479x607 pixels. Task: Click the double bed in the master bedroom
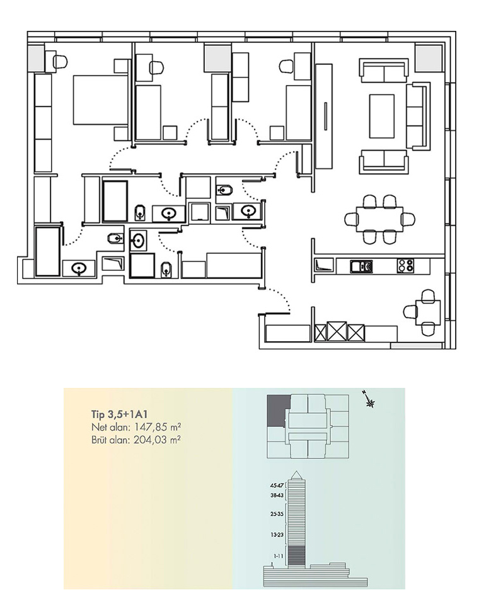pyautogui.click(x=101, y=100)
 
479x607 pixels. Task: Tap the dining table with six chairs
pyautogui.click(x=379, y=220)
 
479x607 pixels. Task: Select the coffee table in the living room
pyautogui.click(x=382, y=116)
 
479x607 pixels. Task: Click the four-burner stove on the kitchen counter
pyautogui.click(x=405, y=266)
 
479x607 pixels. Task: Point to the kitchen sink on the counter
pyautogui.click(x=361, y=266)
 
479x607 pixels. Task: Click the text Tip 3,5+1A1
pyautogui.click(x=119, y=414)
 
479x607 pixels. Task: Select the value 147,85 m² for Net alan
pyautogui.click(x=158, y=428)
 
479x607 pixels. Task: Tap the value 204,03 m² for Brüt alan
pyautogui.click(x=157, y=440)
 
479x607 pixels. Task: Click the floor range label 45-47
pyautogui.click(x=277, y=485)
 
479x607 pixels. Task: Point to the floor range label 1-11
pyautogui.click(x=278, y=556)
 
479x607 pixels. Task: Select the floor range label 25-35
pyautogui.click(x=277, y=514)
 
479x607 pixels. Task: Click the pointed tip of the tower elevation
pyautogui.click(x=296, y=471)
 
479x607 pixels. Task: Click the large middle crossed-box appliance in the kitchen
pyautogui.click(x=337, y=331)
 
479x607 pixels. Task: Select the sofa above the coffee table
pyautogui.click(x=384, y=71)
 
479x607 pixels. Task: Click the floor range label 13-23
pyautogui.click(x=277, y=535)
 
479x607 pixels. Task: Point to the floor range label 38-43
pyautogui.click(x=277, y=495)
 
